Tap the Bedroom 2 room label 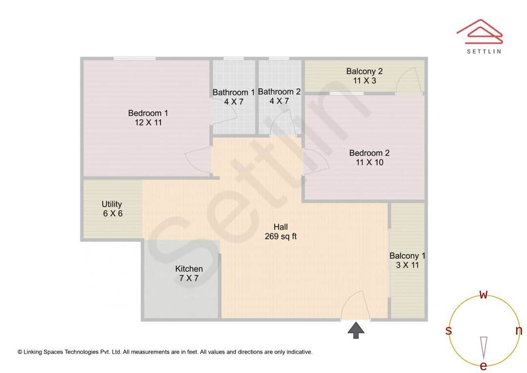(369, 153)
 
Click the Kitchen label (189, 269)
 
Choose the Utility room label (112, 204)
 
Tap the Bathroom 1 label (233, 92)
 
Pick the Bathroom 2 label (279, 92)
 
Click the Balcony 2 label (364, 71)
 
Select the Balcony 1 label (407, 256)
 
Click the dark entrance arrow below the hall (356, 330)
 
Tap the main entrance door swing (354, 306)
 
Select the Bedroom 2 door (315, 162)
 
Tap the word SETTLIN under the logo (483, 51)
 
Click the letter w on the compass (484, 294)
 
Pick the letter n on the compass (518, 331)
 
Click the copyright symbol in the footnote (20, 352)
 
